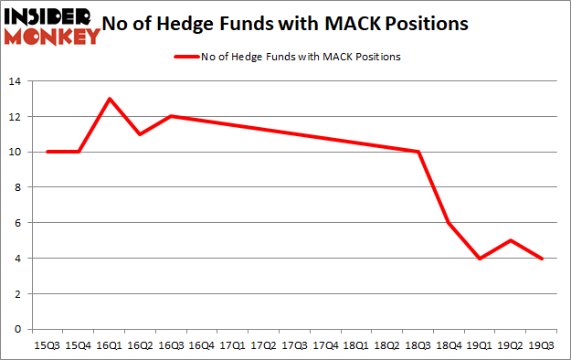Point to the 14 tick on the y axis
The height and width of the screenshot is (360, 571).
[15, 82]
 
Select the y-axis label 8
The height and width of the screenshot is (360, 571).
[18, 187]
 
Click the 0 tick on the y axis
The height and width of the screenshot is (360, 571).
[18, 329]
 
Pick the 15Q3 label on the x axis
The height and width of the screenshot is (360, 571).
[48, 345]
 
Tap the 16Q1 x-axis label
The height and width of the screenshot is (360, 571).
[110, 345]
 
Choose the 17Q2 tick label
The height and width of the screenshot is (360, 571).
[264, 345]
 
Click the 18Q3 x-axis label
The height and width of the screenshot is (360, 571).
[418, 345]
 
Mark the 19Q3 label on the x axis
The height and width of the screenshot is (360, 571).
[543, 345]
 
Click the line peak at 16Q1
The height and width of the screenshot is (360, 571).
[110, 99]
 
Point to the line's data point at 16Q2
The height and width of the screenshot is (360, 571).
[141, 134]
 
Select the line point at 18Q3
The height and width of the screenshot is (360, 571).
[418, 152]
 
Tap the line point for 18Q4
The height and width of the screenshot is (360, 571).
[449, 223]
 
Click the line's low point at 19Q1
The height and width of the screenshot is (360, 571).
[481, 259]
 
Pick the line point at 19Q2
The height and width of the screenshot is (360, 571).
[512, 240]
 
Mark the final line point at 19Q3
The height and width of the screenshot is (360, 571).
[543, 259]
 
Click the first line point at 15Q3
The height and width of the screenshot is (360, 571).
[48, 152]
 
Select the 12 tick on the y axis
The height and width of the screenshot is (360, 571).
[15, 117]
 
